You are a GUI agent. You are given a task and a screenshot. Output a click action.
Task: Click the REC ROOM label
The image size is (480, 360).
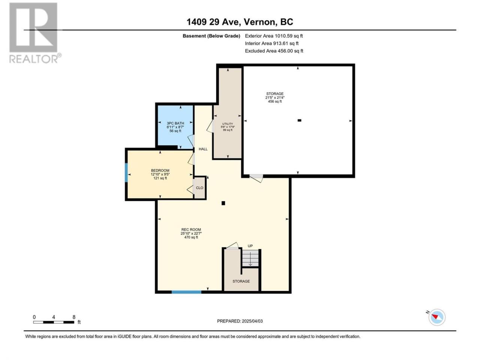191,229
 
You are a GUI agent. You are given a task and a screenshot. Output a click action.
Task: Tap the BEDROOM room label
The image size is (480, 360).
160,171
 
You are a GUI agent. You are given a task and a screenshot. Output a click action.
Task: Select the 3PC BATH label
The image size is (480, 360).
175,123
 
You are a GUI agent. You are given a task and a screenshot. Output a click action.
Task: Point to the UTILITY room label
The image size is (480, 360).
227,124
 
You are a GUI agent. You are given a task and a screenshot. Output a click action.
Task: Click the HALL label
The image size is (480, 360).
203,149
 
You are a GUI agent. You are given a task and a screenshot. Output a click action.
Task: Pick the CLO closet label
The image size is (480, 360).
199,188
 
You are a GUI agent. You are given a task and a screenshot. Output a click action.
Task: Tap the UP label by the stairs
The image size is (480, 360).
250,246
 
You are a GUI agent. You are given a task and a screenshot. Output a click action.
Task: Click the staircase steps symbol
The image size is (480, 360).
250,258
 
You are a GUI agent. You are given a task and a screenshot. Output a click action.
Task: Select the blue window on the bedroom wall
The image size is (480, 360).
126,172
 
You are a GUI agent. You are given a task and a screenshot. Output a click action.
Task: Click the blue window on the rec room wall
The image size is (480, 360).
186,292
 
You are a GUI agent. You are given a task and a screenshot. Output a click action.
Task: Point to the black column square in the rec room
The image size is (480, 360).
223,203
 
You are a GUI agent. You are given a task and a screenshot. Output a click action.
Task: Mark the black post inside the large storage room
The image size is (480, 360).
299,120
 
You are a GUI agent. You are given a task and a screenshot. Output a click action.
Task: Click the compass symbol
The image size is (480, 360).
437,317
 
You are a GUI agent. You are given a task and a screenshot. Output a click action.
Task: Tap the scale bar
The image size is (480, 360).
54,322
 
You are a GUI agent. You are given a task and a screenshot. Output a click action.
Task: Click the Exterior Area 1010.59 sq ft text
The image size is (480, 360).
274,36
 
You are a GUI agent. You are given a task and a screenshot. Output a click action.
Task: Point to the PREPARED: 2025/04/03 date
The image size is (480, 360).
240,321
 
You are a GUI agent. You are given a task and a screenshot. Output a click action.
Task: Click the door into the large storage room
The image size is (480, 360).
256,178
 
